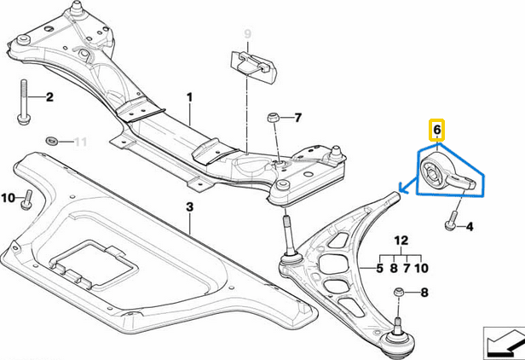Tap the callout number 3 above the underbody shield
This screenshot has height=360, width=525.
tap(189, 207)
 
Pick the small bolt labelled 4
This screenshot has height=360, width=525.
tap(448, 225)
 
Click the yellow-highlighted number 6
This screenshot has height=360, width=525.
tap(436, 130)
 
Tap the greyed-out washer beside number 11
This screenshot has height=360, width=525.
tap(52, 139)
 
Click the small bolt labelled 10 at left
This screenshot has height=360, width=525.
tap(27, 200)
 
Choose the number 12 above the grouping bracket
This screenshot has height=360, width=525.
tap(401, 242)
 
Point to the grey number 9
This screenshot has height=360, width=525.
tap(248, 34)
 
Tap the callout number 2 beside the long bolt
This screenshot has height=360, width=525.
tap(49, 97)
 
